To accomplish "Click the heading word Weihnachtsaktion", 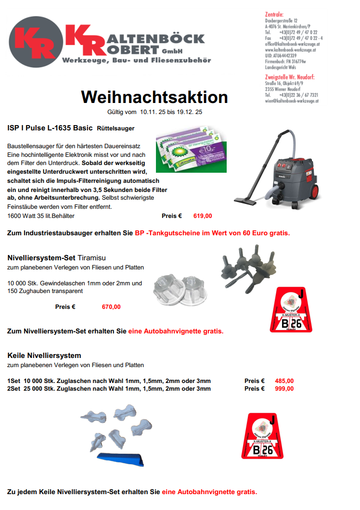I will [154, 97].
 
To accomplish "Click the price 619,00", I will [202, 216].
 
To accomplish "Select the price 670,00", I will [111, 307].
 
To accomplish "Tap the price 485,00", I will [284, 381].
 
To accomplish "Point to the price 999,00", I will [284, 389].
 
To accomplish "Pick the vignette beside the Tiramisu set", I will [287, 309].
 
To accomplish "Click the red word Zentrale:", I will [274, 14].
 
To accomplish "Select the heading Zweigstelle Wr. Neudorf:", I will [290, 77].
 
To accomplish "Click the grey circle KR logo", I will [35, 42].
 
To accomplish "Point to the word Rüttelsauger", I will [116, 128].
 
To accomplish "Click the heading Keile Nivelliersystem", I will [44, 356].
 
